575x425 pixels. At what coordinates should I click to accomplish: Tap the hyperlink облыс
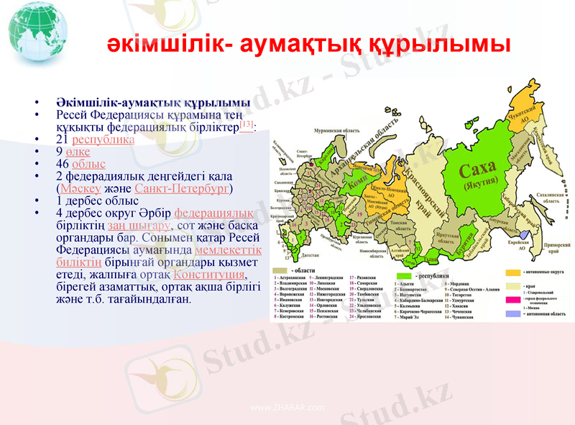tap(89, 164)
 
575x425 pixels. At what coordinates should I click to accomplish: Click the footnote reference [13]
tap(247, 127)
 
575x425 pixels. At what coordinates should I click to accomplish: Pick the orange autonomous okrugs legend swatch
tap(512, 273)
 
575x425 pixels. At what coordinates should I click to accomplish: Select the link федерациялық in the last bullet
tap(213, 213)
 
